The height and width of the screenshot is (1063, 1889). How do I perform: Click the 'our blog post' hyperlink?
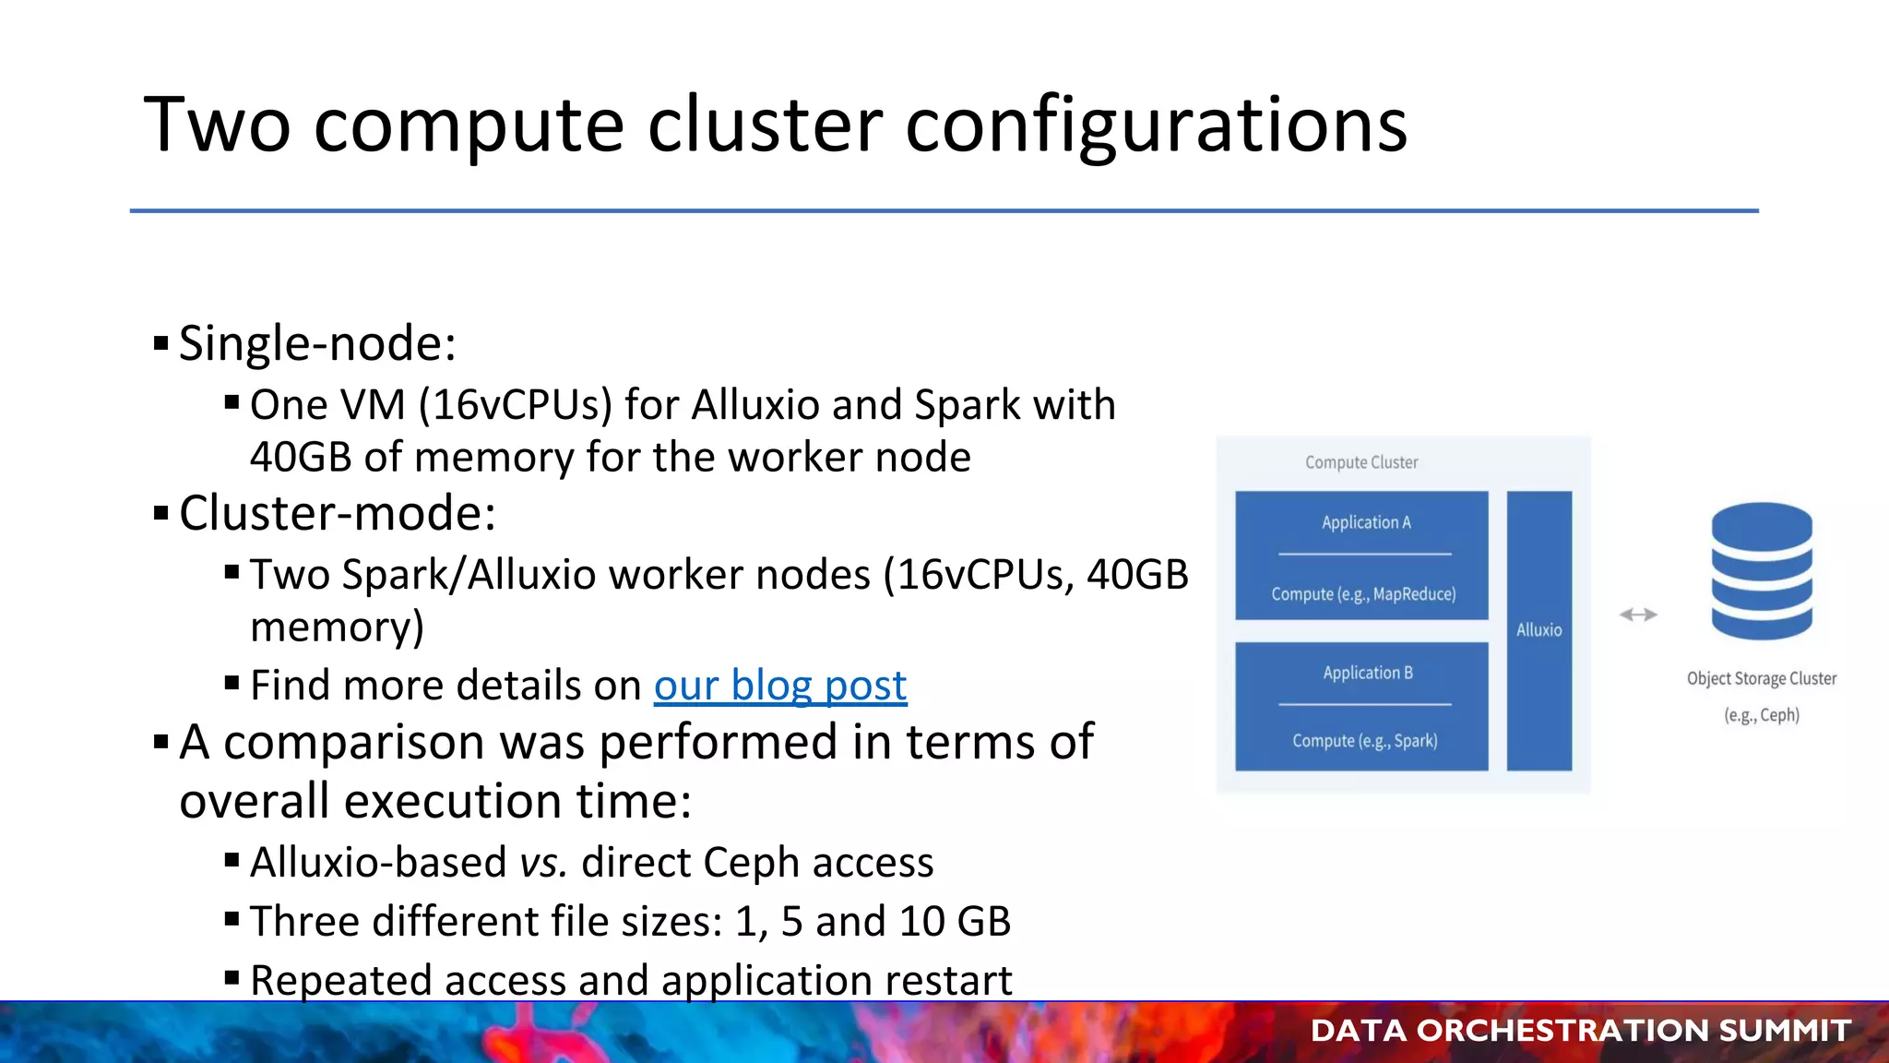[780, 686]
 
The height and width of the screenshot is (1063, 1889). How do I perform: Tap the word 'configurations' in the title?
[1156, 125]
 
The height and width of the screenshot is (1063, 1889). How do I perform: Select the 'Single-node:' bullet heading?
[317, 343]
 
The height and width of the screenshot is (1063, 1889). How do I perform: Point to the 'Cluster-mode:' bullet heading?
[337, 513]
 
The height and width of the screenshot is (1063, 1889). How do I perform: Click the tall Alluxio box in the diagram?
[1539, 630]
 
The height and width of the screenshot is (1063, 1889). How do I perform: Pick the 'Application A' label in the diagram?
[1366, 522]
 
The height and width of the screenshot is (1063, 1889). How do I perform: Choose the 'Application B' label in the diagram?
[1367, 673]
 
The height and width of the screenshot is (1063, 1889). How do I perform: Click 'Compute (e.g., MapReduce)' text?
[1363, 594]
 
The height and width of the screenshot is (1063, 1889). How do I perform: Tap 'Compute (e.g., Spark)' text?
[1364, 740]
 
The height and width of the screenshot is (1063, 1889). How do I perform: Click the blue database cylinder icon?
[1762, 571]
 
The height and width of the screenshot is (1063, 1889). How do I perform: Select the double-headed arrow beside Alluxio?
[1638, 615]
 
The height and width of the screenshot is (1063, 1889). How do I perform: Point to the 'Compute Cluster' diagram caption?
[1361, 462]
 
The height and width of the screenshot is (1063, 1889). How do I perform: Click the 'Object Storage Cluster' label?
[1761, 678]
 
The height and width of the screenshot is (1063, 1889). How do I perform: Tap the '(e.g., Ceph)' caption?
[1762, 715]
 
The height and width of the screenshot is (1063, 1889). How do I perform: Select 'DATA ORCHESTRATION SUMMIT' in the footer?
[1580, 1031]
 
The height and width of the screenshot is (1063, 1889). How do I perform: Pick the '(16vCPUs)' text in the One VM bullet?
[516, 405]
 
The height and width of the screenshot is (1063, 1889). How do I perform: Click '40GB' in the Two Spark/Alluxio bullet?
[1137, 575]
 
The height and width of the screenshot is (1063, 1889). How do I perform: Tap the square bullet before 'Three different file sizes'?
[232, 919]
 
